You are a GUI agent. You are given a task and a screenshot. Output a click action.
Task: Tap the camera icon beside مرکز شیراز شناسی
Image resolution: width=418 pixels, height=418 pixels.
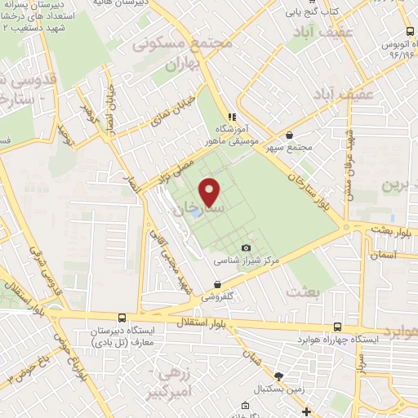[x=247, y=248]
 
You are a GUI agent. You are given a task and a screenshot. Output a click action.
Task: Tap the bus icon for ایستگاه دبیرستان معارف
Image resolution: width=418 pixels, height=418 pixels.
[x=122, y=318]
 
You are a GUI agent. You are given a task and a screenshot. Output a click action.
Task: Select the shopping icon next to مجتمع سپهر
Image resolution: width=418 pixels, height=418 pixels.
[x=289, y=136]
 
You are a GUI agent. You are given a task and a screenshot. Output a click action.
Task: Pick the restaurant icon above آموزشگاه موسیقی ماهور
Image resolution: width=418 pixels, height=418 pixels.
[x=231, y=117]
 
